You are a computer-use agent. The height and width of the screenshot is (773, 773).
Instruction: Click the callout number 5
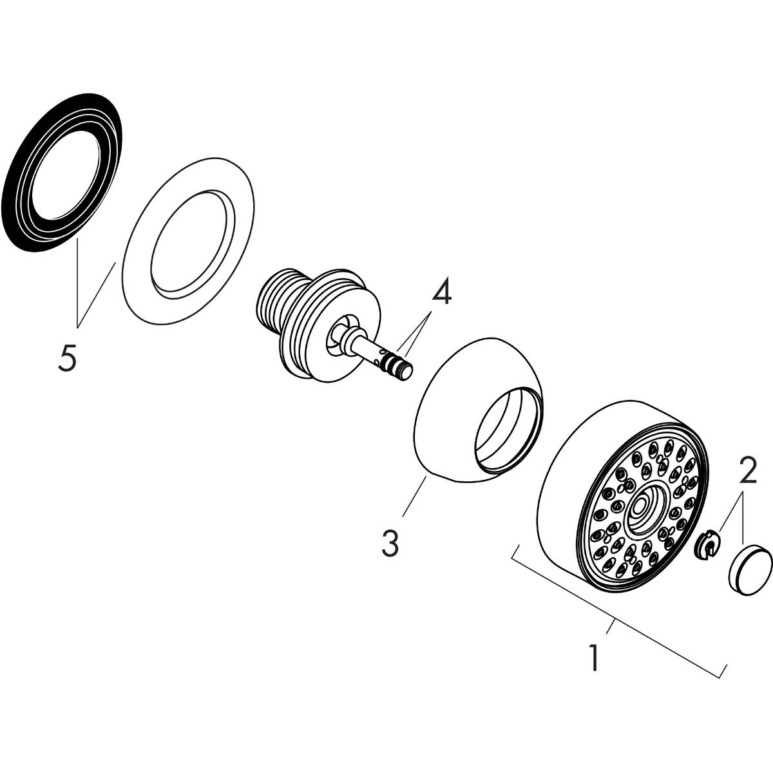[x=67, y=357]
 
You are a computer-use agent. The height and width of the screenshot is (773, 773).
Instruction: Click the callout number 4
[x=441, y=294]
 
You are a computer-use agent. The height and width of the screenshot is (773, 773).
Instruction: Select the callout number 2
[x=747, y=473]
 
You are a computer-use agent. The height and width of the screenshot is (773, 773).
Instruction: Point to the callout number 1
[x=594, y=658]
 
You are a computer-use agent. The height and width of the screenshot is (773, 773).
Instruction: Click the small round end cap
[x=750, y=568]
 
